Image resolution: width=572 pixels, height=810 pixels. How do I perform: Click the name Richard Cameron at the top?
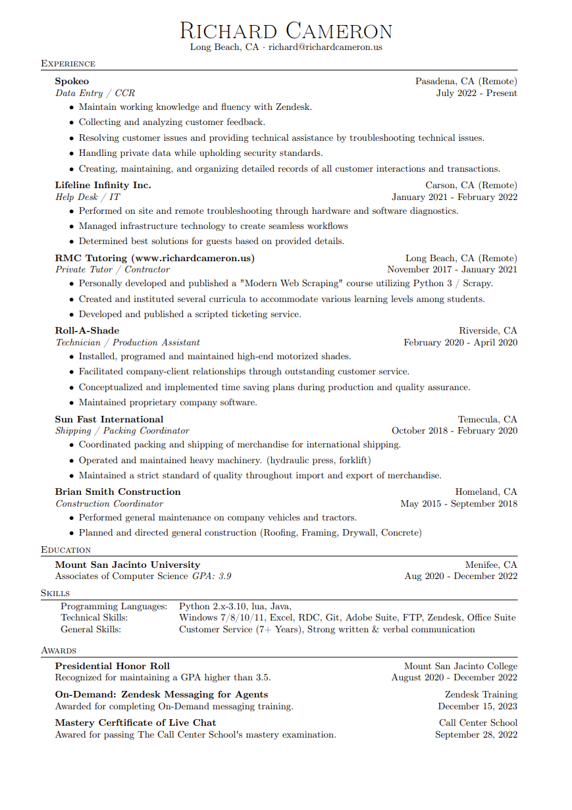286,31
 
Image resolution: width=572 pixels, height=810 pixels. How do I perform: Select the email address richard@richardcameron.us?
325,47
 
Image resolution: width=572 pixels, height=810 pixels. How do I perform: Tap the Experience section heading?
68,64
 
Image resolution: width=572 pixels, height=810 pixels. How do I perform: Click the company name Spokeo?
72,82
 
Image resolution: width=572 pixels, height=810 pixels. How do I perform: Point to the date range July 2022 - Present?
477,93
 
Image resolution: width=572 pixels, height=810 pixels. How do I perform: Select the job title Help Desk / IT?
88,197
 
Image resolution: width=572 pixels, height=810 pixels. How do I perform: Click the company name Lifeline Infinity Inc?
103,186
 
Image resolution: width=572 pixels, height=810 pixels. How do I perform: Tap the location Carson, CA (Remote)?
471,186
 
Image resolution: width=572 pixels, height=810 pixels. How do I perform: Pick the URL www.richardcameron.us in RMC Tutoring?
192,258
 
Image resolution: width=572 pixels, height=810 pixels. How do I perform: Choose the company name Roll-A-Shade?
87,331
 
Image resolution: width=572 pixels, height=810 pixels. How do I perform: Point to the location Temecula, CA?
487,420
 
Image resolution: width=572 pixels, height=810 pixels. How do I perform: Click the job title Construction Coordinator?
109,504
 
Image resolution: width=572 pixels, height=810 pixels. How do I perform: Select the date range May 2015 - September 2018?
459,504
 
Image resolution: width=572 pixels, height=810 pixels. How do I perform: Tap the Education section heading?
66,549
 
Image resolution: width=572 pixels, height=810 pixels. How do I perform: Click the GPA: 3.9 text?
211,576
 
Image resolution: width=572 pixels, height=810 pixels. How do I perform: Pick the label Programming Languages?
114,607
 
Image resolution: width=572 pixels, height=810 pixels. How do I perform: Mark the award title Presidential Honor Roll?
113,667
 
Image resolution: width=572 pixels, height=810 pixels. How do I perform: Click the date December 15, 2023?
477,707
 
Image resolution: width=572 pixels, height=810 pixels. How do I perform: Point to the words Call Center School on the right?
478,723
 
